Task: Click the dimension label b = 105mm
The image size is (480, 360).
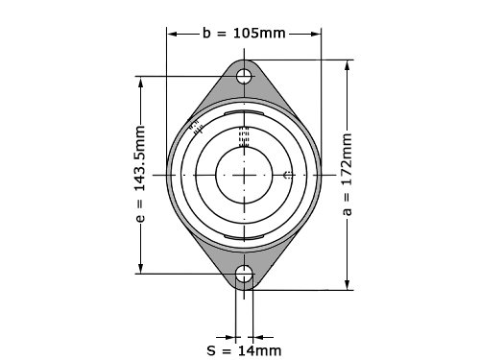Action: click(244, 34)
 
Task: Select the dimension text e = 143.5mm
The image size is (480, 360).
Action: click(140, 174)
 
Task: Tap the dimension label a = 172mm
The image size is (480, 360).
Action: click(347, 175)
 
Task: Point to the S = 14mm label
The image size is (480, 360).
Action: click(244, 350)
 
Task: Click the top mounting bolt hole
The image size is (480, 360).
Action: click(244, 76)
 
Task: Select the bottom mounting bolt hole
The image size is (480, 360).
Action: click(244, 274)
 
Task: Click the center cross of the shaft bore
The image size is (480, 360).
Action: click(244, 175)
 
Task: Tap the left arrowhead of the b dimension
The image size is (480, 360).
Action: click(172, 34)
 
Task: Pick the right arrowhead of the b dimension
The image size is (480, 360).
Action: click(316, 34)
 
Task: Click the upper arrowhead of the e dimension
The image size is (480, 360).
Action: click(140, 82)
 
